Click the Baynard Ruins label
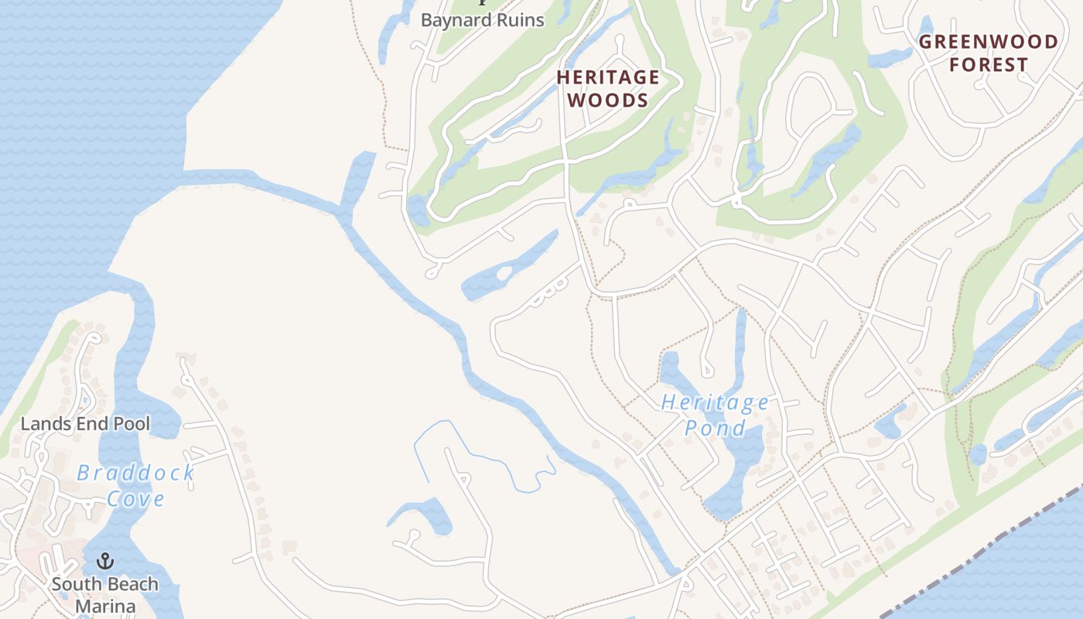click(482, 20)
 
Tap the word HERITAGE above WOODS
click(608, 77)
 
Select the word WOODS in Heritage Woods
click(608, 101)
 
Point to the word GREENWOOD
click(988, 42)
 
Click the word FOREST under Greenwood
click(988, 65)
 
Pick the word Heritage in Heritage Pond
click(715, 402)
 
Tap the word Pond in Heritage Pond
click(715, 428)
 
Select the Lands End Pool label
click(85, 424)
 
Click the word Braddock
click(135, 473)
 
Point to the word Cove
click(135, 498)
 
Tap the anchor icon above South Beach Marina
click(104, 561)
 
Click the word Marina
click(104, 606)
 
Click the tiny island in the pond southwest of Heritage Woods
click(504, 273)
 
